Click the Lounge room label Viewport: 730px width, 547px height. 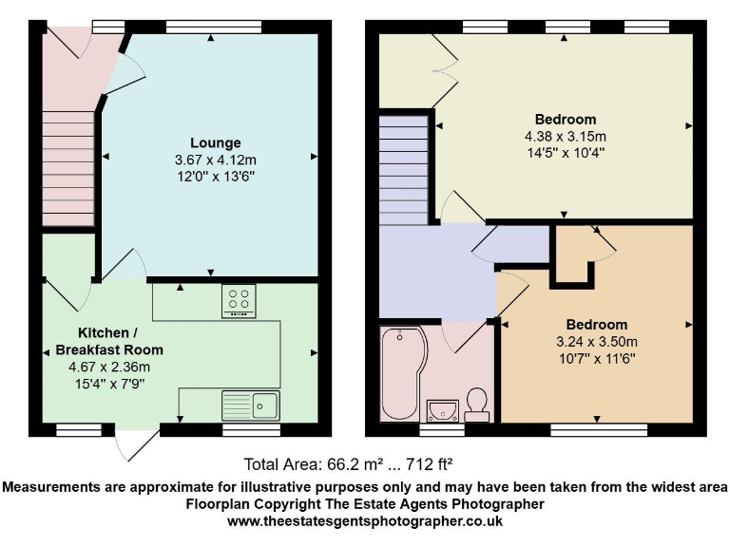click(207, 142)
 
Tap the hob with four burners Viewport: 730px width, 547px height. click(240, 301)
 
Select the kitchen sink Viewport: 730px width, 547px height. click(250, 406)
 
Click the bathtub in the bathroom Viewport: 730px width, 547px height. click(398, 373)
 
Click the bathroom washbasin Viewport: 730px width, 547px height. click(444, 409)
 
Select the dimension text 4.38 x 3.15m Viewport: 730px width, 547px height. click(566, 136)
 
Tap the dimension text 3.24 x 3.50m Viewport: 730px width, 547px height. click(597, 342)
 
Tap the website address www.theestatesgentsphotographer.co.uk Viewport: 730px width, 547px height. click(364, 520)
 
